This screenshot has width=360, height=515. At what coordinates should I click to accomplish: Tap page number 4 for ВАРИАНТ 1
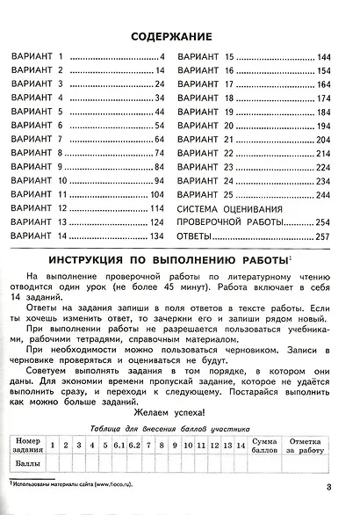(162, 57)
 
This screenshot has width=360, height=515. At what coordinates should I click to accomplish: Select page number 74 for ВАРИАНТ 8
(160, 153)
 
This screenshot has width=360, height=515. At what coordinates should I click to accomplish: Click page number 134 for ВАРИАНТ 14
(158, 236)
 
